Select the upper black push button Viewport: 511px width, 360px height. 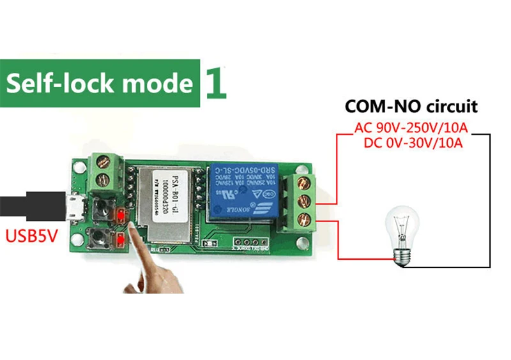tap(100, 207)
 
